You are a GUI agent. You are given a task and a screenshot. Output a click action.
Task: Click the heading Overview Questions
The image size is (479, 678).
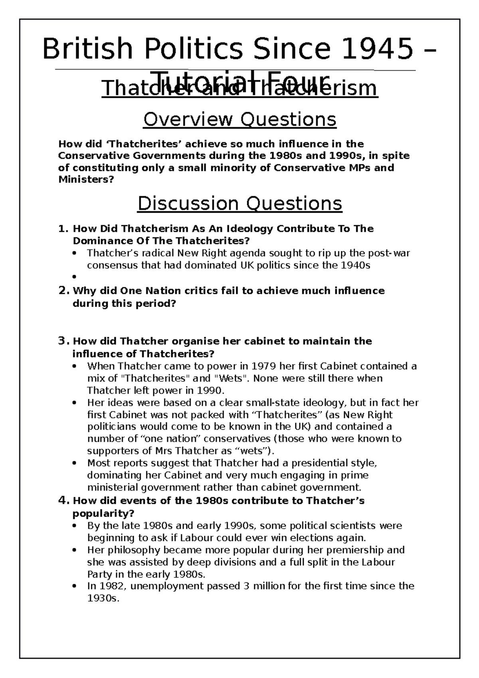pyautogui.click(x=239, y=119)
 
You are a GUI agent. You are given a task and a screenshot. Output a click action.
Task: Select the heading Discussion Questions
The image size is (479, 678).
pyautogui.click(x=239, y=204)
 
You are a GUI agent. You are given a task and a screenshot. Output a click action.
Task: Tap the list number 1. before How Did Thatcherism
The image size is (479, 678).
pyautogui.click(x=64, y=229)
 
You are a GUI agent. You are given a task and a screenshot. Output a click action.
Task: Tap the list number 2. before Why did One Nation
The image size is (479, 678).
pyautogui.click(x=64, y=291)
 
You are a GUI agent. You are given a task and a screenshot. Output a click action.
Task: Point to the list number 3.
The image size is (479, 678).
pyautogui.click(x=64, y=341)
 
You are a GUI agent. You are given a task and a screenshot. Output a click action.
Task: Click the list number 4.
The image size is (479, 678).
pyautogui.click(x=64, y=500)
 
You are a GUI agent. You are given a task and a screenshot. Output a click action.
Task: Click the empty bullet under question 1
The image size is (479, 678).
pyautogui.click(x=75, y=277)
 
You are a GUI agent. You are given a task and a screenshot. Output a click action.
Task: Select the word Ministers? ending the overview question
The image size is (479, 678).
pyautogui.click(x=86, y=179)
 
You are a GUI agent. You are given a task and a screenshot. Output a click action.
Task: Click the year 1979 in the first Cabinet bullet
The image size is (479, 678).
pyautogui.click(x=264, y=366)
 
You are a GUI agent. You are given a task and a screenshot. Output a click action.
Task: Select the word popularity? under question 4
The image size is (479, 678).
pyautogui.click(x=103, y=513)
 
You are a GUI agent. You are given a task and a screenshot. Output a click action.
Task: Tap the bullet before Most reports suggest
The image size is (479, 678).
pyautogui.click(x=75, y=464)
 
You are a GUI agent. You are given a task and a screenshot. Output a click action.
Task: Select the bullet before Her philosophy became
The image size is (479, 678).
pyautogui.click(x=75, y=550)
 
